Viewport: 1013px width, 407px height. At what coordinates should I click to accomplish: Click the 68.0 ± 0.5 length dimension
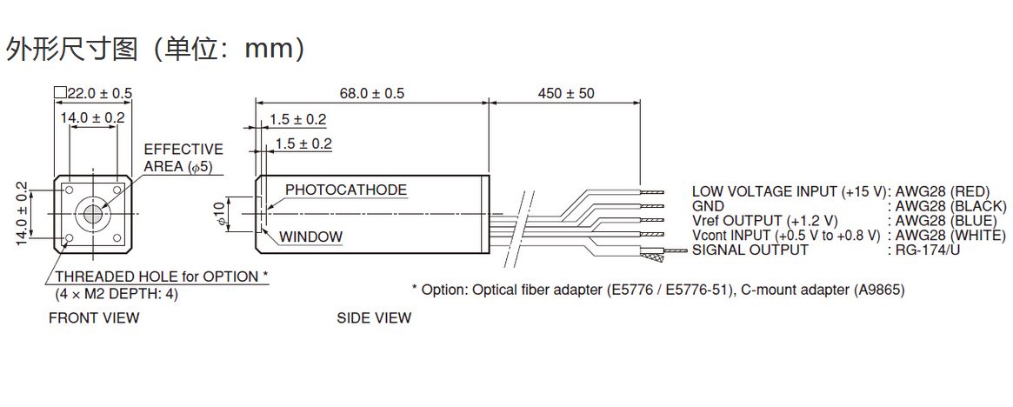tap(371, 94)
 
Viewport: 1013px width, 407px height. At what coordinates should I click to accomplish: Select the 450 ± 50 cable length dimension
tap(566, 94)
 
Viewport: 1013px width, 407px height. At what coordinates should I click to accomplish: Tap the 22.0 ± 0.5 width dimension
tap(94, 94)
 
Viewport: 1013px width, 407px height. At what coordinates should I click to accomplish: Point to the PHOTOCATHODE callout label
tap(346, 190)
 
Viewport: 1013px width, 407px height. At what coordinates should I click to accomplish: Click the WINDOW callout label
tap(310, 237)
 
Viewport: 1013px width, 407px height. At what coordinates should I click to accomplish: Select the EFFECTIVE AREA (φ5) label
tap(183, 158)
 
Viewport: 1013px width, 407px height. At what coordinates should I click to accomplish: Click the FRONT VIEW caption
tap(94, 317)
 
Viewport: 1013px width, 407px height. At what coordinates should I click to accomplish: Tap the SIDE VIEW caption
tap(374, 317)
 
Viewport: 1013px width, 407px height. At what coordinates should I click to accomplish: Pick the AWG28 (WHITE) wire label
tap(950, 235)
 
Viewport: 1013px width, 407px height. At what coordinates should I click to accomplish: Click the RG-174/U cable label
tap(927, 250)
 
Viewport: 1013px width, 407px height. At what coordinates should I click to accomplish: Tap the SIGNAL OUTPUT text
tap(750, 250)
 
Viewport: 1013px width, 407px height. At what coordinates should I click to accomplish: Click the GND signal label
tap(708, 207)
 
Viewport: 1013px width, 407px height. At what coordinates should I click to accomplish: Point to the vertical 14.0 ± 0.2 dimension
tap(23, 214)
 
